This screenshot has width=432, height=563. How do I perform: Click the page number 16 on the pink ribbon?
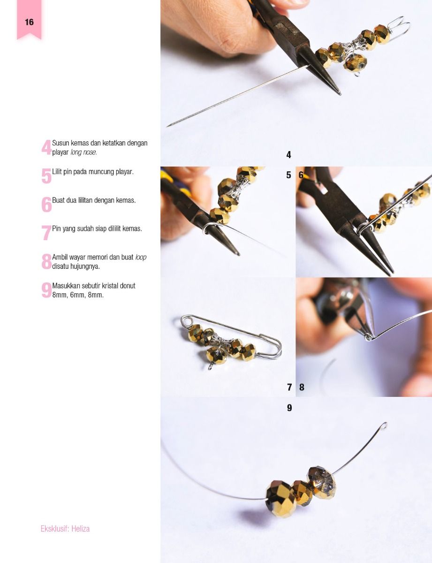[x=29, y=22]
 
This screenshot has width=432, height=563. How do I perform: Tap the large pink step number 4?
[x=46, y=147]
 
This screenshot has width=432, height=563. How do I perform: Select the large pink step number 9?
[x=46, y=290]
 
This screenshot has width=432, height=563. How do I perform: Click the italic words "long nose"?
[x=83, y=152]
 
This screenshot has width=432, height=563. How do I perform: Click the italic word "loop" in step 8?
[x=141, y=258]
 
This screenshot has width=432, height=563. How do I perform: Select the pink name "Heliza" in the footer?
[x=81, y=529]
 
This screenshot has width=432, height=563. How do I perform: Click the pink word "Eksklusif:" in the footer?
[x=55, y=529]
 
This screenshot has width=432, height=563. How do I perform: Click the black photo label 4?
[x=289, y=155]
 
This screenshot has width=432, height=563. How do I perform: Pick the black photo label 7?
[x=289, y=387]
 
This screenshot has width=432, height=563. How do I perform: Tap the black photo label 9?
[x=289, y=408]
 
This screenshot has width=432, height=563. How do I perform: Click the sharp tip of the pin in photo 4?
[x=167, y=126]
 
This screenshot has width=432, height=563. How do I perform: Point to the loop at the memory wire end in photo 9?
[x=384, y=426]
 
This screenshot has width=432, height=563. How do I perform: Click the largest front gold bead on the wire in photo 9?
[x=281, y=498]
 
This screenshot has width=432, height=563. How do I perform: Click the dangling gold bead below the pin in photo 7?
[x=217, y=355]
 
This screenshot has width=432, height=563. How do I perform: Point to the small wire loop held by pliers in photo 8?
[x=369, y=337]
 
